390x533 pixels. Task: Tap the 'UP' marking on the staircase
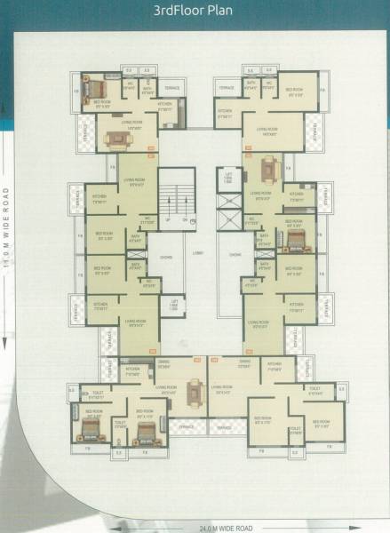167,219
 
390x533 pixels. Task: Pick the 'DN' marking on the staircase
184,219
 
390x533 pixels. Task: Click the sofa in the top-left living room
115,138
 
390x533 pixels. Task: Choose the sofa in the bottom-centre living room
195,388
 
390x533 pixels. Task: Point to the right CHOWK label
235,255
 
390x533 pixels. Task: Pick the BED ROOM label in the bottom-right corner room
321,421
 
